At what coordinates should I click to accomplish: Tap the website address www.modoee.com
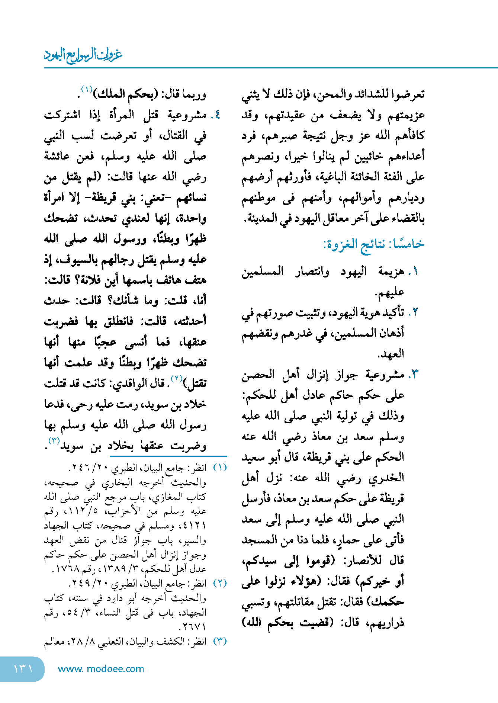(101, 669)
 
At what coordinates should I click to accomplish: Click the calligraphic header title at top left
(83, 55)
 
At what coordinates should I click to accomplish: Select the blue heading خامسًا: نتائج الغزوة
(373, 244)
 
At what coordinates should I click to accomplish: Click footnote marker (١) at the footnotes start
(220, 468)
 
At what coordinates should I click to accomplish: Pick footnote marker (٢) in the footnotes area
(220, 583)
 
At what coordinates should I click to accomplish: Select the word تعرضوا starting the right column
(409, 94)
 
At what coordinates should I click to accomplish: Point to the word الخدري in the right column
(386, 478)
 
